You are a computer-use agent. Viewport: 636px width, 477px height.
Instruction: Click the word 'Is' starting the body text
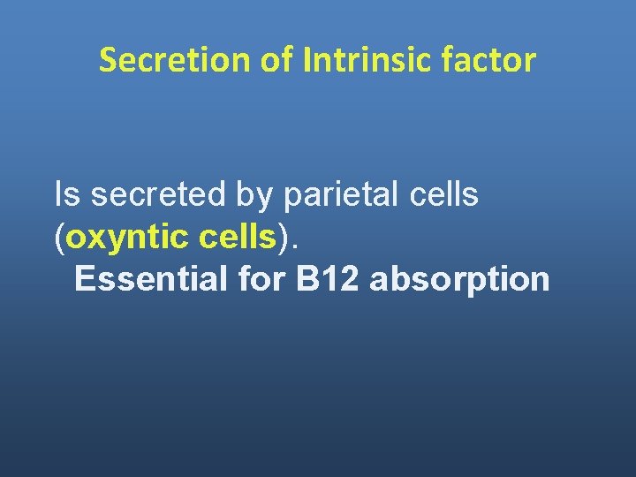[x=65, y=194]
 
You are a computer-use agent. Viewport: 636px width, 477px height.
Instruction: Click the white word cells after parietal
[x=448, y=194]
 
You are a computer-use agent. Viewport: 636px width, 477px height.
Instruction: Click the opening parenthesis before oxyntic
[x=60, y=238]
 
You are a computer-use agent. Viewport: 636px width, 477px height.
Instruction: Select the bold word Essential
[x=152, y=278]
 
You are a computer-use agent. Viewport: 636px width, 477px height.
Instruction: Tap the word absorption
[x=459, y=280]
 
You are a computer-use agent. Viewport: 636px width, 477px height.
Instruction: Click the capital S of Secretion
[x=108, y=60]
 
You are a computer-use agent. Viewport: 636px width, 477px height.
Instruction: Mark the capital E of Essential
[x=84, y=278]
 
